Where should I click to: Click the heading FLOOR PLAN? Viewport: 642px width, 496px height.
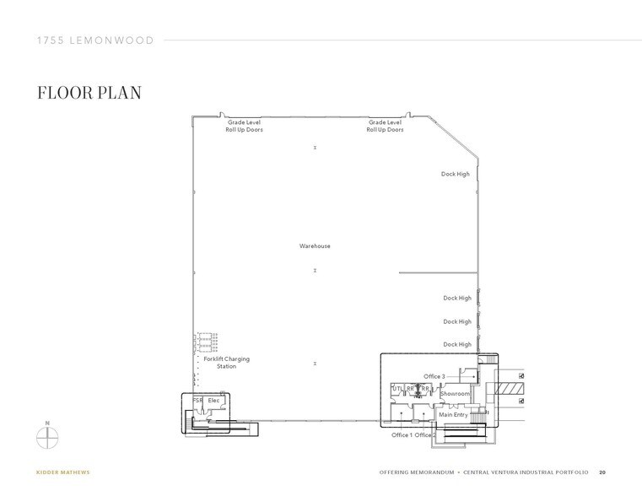click(x=89, y=93)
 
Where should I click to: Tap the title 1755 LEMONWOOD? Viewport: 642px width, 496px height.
click(x=94, y=40)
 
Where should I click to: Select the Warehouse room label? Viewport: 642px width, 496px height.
click(x=315, y=246)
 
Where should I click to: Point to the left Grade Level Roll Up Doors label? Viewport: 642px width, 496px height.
click(x=244, y=127)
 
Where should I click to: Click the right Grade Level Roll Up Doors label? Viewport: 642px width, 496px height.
click(x=385, y=127)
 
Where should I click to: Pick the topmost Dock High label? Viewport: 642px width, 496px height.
click(x=456, y=175)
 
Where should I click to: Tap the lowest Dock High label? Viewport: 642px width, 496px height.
click(x=456, y=344)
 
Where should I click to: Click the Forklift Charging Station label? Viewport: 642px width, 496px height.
click(x=226, y=363)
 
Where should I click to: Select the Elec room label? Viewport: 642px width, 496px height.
click(x=213, y=400)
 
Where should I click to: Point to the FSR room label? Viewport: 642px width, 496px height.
click(x=197, y=400)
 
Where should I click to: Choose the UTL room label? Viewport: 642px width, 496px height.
click(x=397, y=389)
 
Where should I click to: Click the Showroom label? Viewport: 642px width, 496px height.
click(x=455, y=394)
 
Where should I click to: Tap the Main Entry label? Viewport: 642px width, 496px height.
click(x=453, y=414)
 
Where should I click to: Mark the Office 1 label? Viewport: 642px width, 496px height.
click(x=402, y=435)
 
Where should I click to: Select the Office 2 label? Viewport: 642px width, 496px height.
click(x=426, y=435)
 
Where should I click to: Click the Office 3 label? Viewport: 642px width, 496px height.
click(x=434, y=375)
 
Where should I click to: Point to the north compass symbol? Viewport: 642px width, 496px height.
click(x=48, y=437)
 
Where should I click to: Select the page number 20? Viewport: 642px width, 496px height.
click(x=602, y=472)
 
